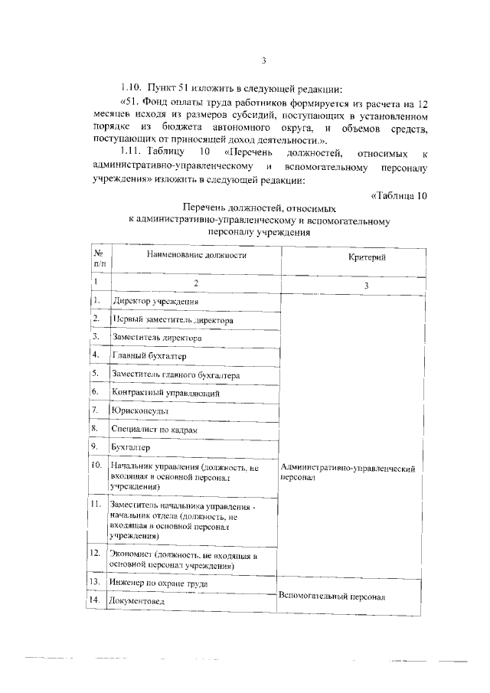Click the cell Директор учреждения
coord(151,302)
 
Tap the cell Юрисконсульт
coord(139,411)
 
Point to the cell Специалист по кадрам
coord(155,430)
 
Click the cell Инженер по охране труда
coord(159,583)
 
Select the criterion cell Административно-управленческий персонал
coord(348,472)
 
